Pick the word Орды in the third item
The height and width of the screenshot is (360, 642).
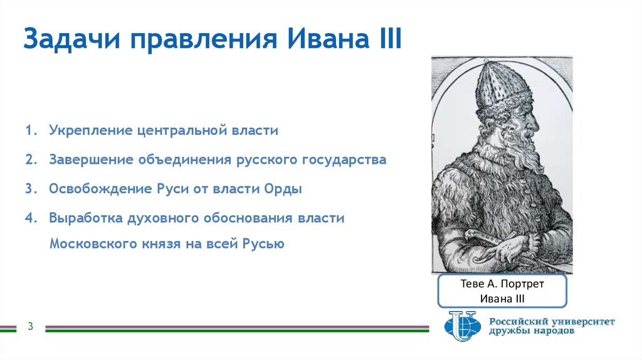click(x=287, y=189)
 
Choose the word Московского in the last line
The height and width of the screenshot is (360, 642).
click(x=93, y=244)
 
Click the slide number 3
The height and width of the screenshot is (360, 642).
click(x=29, y=326)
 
